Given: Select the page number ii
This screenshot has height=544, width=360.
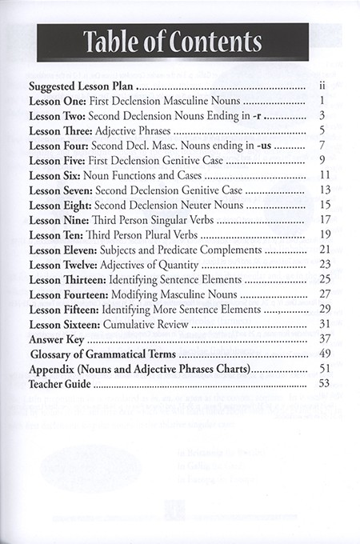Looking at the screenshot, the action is coord(320,86).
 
